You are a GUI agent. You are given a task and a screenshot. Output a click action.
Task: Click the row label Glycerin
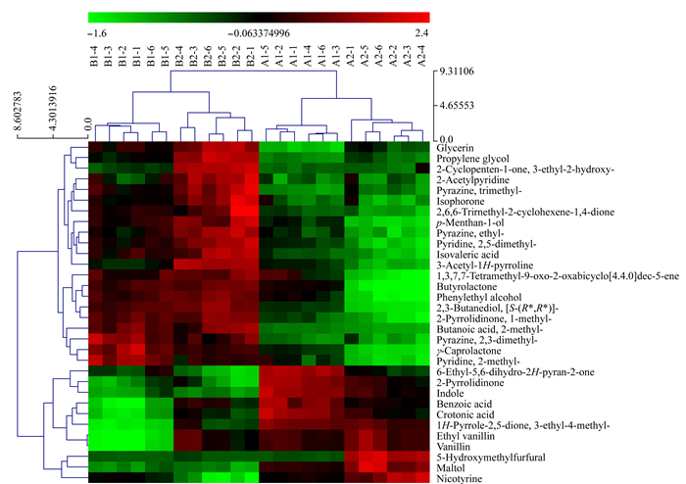coord(455,148)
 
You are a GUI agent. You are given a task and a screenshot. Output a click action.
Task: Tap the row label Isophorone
coord(461,201)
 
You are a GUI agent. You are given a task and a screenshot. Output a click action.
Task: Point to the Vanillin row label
coord(453,447)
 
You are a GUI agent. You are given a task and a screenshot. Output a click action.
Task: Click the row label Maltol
coord(451,467)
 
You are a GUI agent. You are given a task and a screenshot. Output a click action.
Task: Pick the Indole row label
coord(450,393)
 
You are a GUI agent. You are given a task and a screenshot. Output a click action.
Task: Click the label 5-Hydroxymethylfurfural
coord(491,458)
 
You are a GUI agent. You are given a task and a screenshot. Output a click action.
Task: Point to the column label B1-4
coord(95,57)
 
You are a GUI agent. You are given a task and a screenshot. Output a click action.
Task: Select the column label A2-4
coord(421,57)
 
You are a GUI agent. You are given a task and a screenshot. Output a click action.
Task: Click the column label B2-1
coord(251,57)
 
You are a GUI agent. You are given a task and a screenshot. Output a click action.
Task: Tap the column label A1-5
coord(266,57)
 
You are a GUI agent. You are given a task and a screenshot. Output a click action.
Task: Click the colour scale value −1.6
coord(97,33)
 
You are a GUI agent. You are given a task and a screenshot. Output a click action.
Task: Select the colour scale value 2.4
coord(422,33)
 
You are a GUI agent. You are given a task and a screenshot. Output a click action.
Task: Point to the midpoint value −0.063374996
coord(259,33)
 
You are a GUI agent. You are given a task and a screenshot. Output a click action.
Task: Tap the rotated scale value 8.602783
coord(18,111)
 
